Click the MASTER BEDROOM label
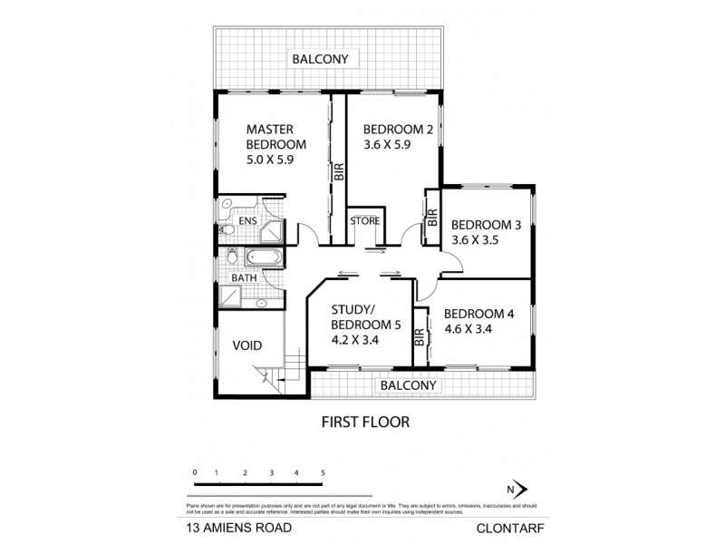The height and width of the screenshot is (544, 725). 276,136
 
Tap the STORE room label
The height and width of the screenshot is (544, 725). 365,221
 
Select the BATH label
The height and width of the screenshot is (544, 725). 243,278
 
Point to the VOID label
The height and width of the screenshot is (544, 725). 247,345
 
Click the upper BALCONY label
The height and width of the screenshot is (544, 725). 320,61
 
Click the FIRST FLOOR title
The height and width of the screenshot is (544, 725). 367,422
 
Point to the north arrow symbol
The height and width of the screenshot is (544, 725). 517,489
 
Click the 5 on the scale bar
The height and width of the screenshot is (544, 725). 323,473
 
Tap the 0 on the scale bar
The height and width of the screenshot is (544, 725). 195,473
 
